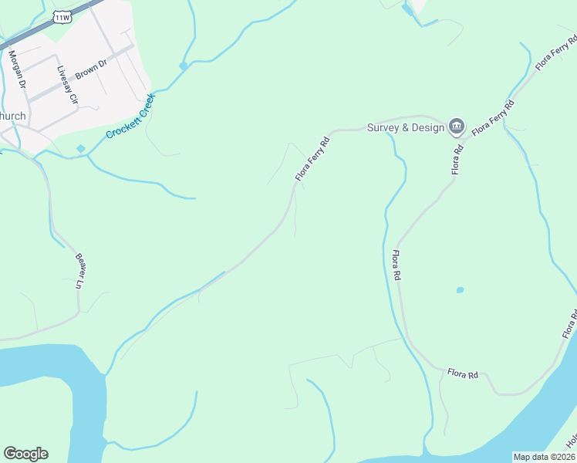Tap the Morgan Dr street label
[x=17, y=69]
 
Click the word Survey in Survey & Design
[x=383, y=127]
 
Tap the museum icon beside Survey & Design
[x=457, y=126]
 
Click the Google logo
[x=25, y=454]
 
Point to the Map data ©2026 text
[x=544, y=457]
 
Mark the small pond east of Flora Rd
[x=460, y=290]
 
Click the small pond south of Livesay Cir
[x=81, y=148]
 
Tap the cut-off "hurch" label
[x=13, y=116]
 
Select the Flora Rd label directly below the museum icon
[x=457, y=157]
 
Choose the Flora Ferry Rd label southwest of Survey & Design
[x=312, y=160]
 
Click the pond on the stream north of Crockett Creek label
[x=184, y=66]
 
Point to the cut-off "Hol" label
[x=572, y=441]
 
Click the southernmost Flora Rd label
[x=463, y=374]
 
